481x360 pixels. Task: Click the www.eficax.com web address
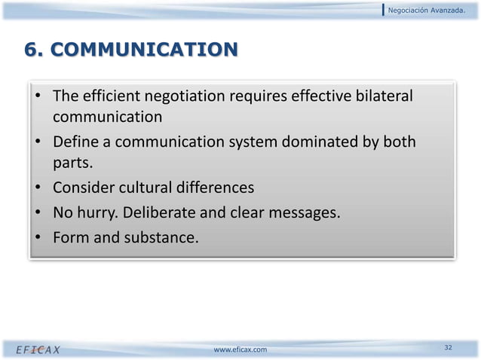click(x=240, y=349)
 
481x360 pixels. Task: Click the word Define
click(x=77, y=142)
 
